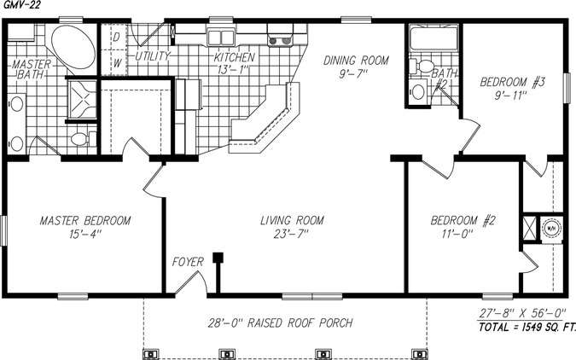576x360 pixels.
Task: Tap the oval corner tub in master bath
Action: point(71,48)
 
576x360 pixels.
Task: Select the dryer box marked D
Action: point(116,38)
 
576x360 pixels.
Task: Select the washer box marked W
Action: point(116,62)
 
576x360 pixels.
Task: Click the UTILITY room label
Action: point(153,56)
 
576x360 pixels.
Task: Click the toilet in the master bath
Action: point(79,138)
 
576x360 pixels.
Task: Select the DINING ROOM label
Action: point(356,61)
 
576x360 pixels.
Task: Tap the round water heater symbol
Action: point(550,228)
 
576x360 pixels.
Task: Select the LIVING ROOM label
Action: point(292,221)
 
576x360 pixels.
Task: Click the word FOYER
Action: point(188,262)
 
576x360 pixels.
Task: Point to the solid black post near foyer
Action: point(218,256)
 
